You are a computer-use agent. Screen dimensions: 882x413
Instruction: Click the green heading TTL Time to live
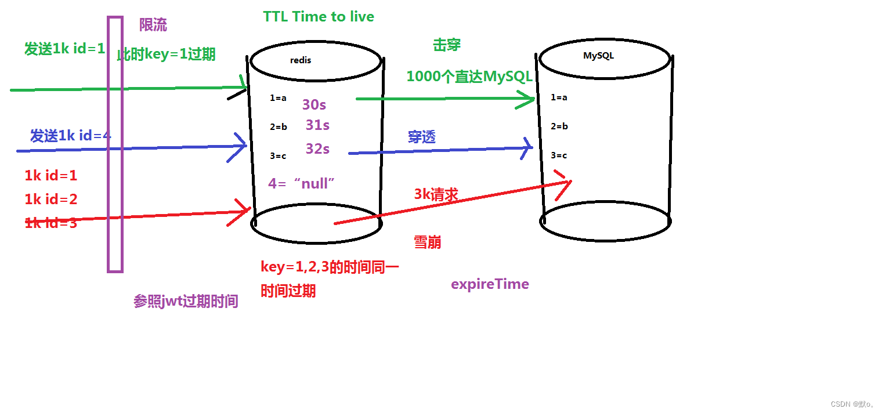click(x=319, y=16)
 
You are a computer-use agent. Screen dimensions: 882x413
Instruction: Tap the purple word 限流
click(x=153, y=25)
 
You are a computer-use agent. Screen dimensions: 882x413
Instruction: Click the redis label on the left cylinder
click(x=301, y=60)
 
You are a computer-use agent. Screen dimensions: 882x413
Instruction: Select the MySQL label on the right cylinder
click(x=598, y=56)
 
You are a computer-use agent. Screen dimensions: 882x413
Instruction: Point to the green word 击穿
click(x=447, y=45)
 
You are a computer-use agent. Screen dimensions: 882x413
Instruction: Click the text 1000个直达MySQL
click(x=469, y=77)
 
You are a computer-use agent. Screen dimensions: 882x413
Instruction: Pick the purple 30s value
click(x=314, y=105)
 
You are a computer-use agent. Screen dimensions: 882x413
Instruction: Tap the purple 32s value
click(x=317, y=149)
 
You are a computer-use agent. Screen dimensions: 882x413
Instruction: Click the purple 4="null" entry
click(x=302, y=184)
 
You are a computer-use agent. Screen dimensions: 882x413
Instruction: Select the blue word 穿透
click(x=422, y=137)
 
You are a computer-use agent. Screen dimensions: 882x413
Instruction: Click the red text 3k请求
click(x=436, y=195)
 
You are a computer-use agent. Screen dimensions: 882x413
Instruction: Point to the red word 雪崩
click(x=427, y=242)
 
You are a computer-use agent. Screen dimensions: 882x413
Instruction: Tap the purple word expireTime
click(x=490, y=284)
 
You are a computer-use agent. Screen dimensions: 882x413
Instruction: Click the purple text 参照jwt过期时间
click(x=186, y=302)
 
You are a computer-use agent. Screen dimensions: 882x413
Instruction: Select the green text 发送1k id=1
click(x=64, y=49)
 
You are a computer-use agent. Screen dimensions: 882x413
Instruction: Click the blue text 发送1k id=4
click(x=70, y=136)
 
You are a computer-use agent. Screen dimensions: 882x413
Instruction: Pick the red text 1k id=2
click(x=51, y=200)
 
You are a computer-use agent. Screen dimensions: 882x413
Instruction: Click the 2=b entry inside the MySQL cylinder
click(x=559, y=126)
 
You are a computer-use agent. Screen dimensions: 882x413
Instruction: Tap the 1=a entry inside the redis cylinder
click(x=278, y=98)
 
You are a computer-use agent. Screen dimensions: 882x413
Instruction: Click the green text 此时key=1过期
click(x=167, y=55)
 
